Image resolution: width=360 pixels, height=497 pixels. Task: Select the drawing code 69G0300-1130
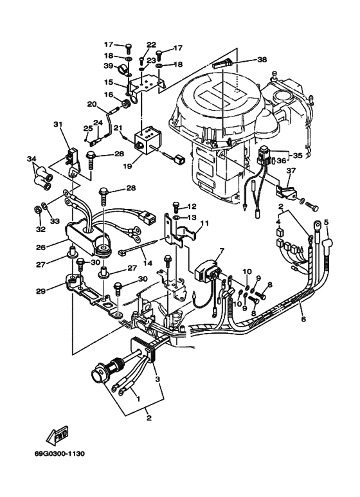tap(60, 454)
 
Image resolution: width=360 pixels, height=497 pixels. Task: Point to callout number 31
tap(58, 125)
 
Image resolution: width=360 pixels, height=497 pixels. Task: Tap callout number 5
tap(326, 222)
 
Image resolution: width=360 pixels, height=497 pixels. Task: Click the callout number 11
tap(205, 223)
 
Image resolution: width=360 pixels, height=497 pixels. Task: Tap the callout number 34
tap(31, 158)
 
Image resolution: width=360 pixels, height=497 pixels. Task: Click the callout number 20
tap(92, 104)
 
